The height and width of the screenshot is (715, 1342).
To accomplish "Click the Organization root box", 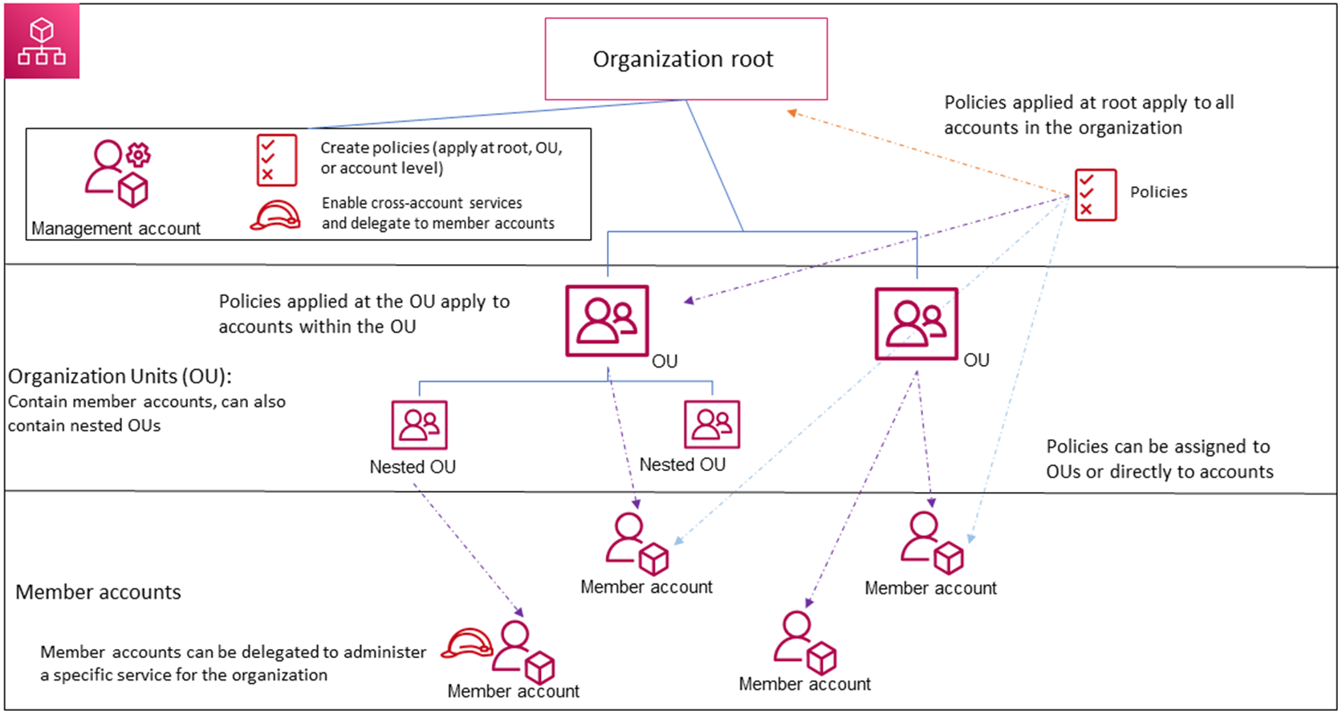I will click(685, 59).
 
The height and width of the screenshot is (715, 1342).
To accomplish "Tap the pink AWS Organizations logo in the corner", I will click(42, 42).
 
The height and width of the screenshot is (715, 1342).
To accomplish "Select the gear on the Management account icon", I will click(139, 154).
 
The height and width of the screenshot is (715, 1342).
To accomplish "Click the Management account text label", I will click(116, 229).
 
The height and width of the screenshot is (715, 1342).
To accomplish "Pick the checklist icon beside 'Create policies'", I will click(276, 160).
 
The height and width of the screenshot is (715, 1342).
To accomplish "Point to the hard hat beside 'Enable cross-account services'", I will click(275, 216).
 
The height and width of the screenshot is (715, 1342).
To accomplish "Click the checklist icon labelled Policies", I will click(1095, 194).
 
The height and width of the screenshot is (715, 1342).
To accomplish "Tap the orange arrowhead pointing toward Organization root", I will click(791, 113).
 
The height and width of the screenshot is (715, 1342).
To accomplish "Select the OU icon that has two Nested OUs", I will click(607, 321).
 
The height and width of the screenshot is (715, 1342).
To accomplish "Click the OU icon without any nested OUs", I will click(916, 324).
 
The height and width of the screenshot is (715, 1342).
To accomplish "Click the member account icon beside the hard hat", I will click(523, 651).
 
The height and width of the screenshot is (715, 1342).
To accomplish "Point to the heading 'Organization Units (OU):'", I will click(120, 376).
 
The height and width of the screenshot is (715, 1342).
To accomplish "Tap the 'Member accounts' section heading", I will click(98, 592).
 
